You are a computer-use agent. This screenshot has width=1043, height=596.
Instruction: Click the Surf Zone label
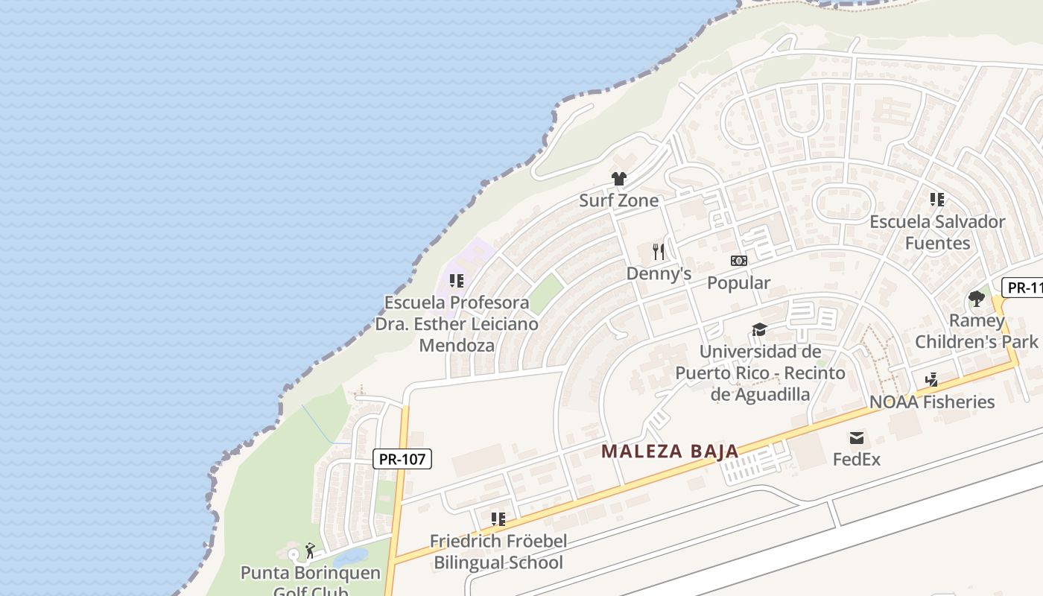click(618, 200)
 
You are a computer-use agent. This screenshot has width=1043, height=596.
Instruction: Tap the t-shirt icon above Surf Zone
click(618, 179)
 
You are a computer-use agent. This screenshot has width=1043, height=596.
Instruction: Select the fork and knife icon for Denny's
click(658, 251)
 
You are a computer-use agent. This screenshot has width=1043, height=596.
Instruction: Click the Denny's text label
click(659, 273)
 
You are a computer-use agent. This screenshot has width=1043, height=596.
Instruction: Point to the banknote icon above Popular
click(738, 261)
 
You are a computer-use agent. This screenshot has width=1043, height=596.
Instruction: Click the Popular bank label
click(738, 283)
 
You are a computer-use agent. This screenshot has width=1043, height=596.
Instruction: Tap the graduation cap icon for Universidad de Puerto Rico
click(759, 329)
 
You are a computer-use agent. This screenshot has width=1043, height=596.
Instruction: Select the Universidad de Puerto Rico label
click(760, 372)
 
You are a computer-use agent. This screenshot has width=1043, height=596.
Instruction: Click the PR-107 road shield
click(402, 459)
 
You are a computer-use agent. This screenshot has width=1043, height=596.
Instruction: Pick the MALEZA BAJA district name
click(670, 451)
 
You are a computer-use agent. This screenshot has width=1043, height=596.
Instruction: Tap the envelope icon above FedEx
click(857, 437)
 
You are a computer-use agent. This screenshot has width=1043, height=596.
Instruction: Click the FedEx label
click(857, 459)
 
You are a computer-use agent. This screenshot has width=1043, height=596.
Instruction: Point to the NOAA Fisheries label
click(932, 402)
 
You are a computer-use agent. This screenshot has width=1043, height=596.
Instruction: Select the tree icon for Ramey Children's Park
click(976, 299)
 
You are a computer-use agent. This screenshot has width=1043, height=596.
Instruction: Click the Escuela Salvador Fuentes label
click(937, 232)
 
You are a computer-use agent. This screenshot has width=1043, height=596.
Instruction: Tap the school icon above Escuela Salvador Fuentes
click(937, 200)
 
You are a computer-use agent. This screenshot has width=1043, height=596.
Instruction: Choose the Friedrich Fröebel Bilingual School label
click(498, 552)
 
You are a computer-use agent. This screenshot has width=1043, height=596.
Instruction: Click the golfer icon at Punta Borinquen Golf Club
click(310, 551)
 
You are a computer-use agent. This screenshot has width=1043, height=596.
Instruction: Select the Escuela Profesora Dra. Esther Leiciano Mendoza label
click(456, 324)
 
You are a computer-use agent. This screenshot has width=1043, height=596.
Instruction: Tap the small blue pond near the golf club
click(350, 557)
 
